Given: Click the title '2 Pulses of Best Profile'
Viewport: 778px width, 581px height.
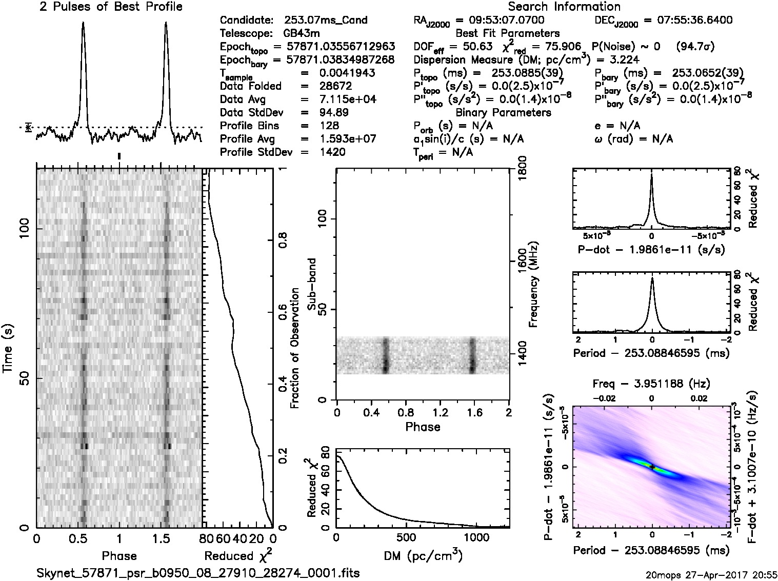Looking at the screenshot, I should point(111,7).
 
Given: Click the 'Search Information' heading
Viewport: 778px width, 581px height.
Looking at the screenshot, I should point(564,7).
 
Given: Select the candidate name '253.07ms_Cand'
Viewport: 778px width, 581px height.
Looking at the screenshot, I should point(326,21).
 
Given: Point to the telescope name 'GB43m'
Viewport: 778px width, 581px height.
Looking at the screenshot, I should point(299,34).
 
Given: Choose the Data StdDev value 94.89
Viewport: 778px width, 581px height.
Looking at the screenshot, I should point(334,112).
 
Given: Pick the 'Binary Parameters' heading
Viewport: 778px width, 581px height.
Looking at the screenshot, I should point(503,112).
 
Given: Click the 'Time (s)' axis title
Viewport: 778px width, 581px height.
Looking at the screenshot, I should point(9,348).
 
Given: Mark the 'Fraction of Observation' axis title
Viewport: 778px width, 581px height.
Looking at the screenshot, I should point(295,348).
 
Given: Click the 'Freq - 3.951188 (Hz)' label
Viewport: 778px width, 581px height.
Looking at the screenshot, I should point(651,384).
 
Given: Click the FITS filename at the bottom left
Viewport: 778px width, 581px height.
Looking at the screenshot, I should point(198,573).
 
